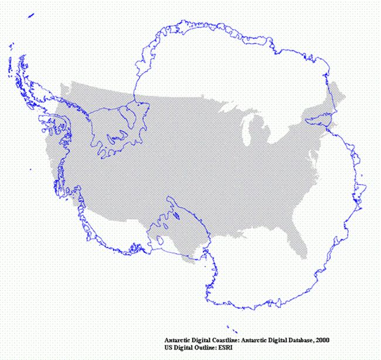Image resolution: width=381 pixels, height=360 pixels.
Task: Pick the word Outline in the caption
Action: point(207,348)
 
